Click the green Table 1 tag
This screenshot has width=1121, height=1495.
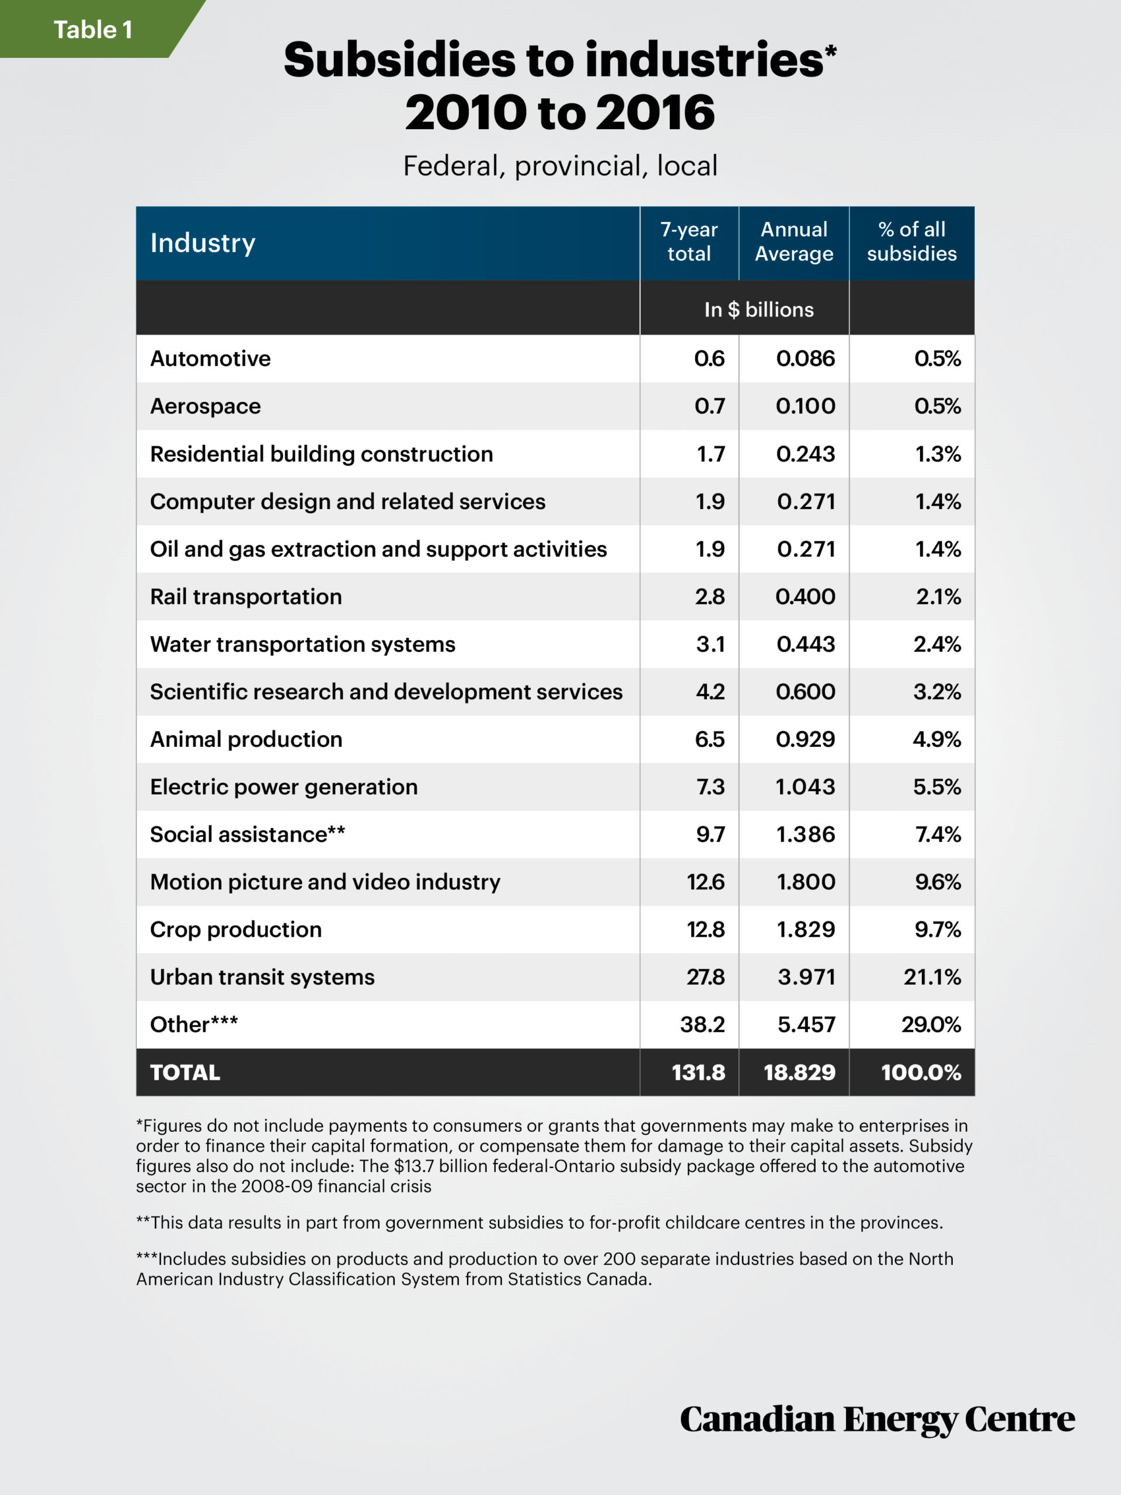93,30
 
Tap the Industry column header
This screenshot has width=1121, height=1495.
203,242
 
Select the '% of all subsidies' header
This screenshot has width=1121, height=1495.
911,241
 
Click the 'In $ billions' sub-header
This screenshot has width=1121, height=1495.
759,310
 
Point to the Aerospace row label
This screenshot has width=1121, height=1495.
206,406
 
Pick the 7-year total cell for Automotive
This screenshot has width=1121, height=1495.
709,358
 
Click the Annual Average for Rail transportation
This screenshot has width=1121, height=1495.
806,597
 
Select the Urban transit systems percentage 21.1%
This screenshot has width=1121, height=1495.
932,977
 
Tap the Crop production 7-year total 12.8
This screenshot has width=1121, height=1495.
705,929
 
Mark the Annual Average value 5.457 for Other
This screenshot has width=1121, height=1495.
806,1025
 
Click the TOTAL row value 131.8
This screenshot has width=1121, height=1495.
698,1073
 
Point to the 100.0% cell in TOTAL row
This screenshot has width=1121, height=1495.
921,1073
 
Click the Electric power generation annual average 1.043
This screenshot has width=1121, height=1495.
806,787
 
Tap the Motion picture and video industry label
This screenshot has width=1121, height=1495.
325,882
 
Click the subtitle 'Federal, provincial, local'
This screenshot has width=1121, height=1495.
560,166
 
